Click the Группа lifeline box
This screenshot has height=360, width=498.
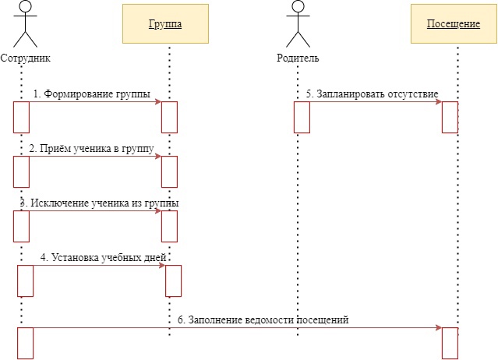click(x=165, y=24)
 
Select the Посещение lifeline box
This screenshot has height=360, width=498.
click(x=453, y=24)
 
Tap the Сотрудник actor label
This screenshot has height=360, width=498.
click(x=26, y=58)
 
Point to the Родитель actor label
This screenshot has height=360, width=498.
click(x=298, y=58)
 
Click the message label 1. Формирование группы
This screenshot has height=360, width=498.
click(x=91, y=94)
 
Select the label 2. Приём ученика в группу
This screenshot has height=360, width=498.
click(x=91, y=148)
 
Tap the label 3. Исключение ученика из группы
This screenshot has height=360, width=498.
click(x=99, y=203)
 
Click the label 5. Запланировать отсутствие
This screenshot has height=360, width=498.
click(x=372, y=94)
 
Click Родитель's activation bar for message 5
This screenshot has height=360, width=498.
click(x=302, y=117)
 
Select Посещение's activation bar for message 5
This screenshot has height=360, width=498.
click(x=450, y=117)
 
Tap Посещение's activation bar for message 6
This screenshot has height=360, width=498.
click(x=450, y=343)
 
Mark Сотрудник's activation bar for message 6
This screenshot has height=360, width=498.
click(x=26, y=343)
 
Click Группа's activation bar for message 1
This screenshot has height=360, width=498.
click(x=169, y=117)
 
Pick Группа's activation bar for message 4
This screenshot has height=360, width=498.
click(x=173, y=281)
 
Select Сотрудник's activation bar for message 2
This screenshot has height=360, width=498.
click(x=21, y=171)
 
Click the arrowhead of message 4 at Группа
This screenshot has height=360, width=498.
click(x=161, y=265)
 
